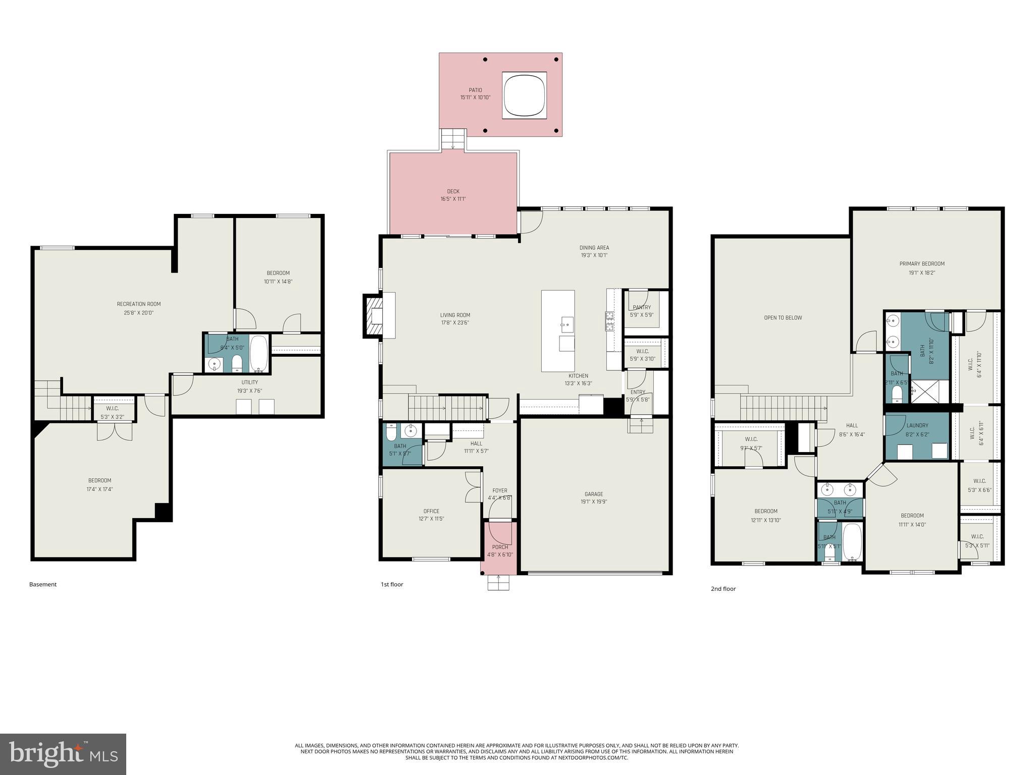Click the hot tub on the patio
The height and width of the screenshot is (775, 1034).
pyautogui.click(x=524, y=95)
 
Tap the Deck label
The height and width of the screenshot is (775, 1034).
pyautogui.click(x=453, y=191)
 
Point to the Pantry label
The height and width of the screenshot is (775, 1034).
pyautogui.click(x=642, y=307)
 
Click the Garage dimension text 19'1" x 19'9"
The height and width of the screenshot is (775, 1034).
pyautogui.click(x=594, y=502)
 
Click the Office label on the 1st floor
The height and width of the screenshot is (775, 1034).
pyautogui.click(x=431, y=511)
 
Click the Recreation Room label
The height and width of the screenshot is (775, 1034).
pyautogui.click(x=138, y=304)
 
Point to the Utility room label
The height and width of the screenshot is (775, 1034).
pyautogui.click(x=249, y=382)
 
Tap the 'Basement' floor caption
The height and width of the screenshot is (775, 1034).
pyautogui.click(x=43, y=584)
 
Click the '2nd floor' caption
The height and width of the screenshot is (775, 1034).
pyautogui.click(x=723, y=589)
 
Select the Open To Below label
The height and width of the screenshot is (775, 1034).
pyautogui.click(x=783, y=318)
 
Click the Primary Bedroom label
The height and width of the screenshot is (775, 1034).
pyautogui.click(x=921, y=264)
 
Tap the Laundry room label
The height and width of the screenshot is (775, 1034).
pyautogui.click(x=917, y=425)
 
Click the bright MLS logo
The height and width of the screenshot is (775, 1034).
pyautogui.click(x=63, y=754)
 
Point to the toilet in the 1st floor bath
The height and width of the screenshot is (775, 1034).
pyautogui.click(x=391, y=433)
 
